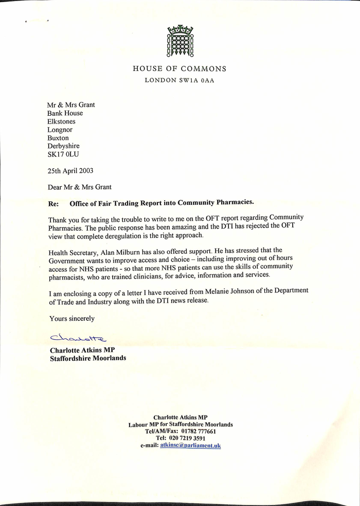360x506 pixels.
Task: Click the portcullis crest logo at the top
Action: pos(179,40)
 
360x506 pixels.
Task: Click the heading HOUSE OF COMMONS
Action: pos(179,68)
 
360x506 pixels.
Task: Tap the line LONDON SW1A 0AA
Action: pos(179,80)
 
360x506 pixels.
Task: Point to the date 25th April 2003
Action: pos(70,171)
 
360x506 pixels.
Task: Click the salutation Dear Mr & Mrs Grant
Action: pos(80,187)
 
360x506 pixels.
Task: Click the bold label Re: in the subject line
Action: pos(53,203)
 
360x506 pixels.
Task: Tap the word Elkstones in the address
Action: pos(61,121)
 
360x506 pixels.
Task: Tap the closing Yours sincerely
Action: pos(72,319)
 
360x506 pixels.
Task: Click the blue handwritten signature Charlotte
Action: pos(78,338)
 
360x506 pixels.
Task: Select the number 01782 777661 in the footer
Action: pos(199,431)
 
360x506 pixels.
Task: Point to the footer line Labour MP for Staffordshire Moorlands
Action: pos(181,425)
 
